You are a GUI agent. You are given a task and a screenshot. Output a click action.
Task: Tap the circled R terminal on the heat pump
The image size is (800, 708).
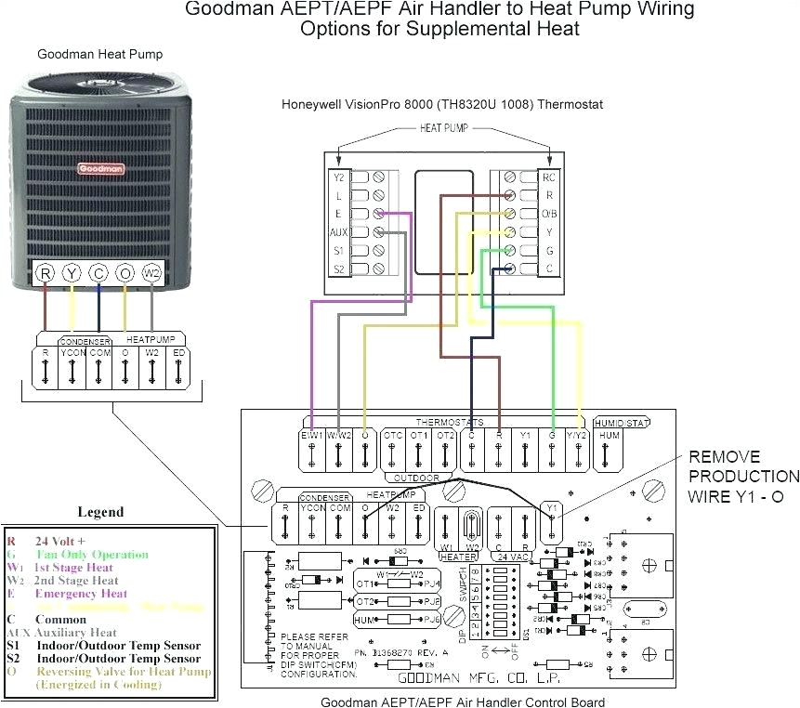(x=45, y=273)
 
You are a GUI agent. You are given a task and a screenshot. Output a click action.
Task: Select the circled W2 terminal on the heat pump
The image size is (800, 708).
(x=151, y=273)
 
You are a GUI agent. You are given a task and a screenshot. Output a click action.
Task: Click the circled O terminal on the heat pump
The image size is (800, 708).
(x=125, y=273)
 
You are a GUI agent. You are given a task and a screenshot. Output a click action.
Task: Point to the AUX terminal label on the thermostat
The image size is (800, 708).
(x=339, y=231)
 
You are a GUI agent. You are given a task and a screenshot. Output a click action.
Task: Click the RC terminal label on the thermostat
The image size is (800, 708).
(x=548, y=176)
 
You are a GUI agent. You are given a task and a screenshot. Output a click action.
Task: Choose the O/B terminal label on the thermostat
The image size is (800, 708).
(x=548, y=213)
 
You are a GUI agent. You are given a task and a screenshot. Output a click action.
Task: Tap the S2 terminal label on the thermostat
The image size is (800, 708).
(x=339, y=269)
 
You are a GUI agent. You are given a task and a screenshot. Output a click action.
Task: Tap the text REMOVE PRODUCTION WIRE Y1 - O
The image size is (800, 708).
(x=737, y=477)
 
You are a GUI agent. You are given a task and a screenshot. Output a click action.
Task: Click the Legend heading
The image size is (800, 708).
(x=99, y=512)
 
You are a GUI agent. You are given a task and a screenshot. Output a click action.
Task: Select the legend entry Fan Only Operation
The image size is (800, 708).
(x=92, y=555)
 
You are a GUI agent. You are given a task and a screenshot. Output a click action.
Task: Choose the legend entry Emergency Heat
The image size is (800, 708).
(x=81, y=594)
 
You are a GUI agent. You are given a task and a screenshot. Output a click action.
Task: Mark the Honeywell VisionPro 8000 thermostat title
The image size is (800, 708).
(x=442, y=105)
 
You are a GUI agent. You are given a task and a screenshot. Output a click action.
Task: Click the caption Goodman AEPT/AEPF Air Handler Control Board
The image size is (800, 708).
(x=463, y=701)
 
